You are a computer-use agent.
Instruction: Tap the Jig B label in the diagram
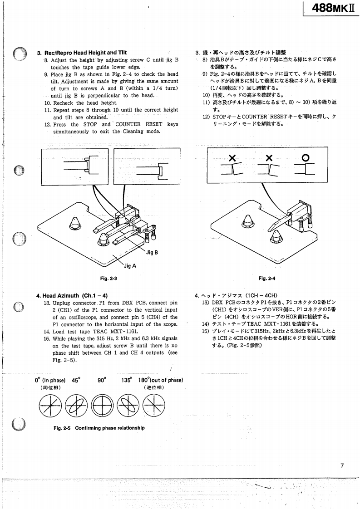(x=152, y=252)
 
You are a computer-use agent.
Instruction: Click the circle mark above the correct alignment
(x=306, y=157)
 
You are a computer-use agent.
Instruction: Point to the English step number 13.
(x=46, y=303)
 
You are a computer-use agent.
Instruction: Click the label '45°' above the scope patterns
(x=75, y=380)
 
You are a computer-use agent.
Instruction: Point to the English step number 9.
(x=46, y=74)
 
